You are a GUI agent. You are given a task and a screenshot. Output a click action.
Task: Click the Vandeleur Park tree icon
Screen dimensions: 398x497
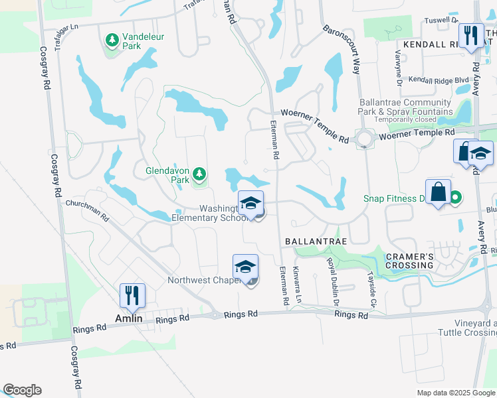(112, 41)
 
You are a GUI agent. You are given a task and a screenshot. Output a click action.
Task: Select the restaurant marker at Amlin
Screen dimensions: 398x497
(133, 295)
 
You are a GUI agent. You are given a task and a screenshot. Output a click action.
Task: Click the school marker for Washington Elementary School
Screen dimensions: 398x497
(251, 203)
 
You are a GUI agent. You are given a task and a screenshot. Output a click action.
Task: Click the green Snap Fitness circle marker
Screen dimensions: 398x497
(455, 197)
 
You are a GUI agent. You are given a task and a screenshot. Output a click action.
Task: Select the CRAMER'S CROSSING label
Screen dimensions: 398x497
(402, 261)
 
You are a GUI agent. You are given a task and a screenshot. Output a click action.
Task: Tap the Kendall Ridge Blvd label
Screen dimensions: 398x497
(439, 80)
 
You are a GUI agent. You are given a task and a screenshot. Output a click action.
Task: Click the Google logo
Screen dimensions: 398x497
(22, 390)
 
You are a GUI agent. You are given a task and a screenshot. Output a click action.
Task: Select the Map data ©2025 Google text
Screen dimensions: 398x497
(455, 393)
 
